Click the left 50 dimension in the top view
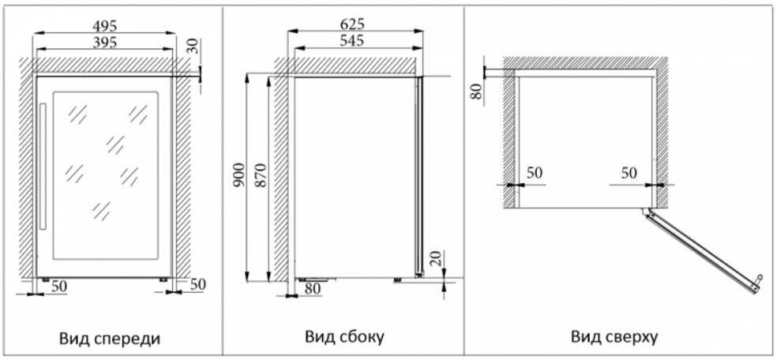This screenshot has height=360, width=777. coord(535,173)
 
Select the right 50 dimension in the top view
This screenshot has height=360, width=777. coord(629,173)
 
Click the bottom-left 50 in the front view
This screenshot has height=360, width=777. coord(58,286)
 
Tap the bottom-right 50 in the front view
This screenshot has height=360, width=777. coord(197,284)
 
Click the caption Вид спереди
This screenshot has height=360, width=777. coord(110,339)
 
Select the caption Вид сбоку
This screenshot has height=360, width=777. coord(344,337)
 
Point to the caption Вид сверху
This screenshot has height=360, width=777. coord(614,337)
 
